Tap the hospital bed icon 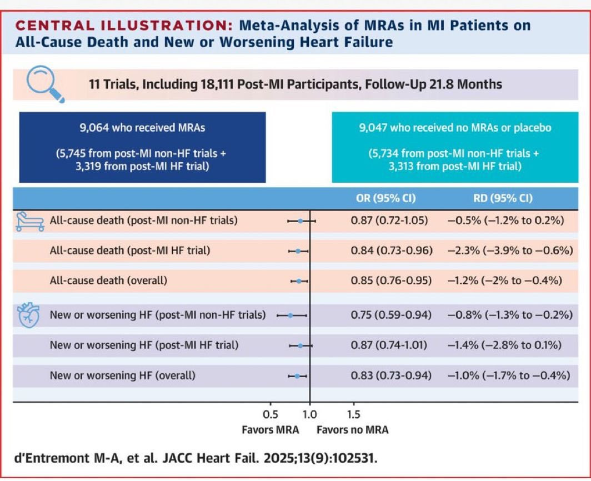30,221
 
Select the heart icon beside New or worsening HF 29,315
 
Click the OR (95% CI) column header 385,198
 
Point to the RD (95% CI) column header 503,198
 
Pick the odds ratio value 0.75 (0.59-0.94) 391,315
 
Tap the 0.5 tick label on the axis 271,415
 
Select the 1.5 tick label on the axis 353,415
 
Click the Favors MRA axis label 271,430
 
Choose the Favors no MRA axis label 352,430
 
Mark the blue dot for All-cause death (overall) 299,281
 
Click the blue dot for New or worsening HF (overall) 297,376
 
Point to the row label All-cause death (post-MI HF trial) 130,250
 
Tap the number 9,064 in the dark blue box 94,128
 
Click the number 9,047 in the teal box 373,128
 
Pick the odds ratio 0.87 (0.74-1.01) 389,345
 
